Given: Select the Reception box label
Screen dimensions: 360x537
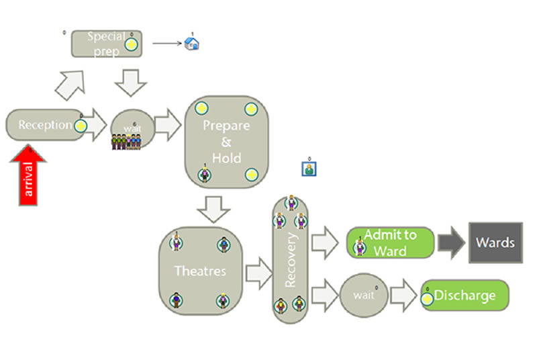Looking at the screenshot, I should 45,126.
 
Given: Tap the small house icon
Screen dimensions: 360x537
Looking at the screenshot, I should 192,44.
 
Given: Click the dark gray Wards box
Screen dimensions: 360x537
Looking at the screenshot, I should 495,242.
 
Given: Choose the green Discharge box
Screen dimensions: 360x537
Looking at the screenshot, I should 465,296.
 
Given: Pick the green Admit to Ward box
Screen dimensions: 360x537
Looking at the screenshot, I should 390,242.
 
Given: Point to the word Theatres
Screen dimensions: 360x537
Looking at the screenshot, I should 200,271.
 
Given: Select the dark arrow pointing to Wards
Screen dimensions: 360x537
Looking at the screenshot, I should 452,242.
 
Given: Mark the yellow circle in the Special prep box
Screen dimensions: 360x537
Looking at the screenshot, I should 132,44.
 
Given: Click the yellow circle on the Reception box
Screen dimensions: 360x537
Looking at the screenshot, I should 81,126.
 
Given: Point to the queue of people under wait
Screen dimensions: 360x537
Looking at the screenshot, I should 127,142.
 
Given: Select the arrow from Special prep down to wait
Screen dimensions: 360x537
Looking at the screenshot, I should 131,82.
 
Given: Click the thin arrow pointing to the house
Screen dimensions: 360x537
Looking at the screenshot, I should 167,44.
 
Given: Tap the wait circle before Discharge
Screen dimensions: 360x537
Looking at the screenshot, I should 362,296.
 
